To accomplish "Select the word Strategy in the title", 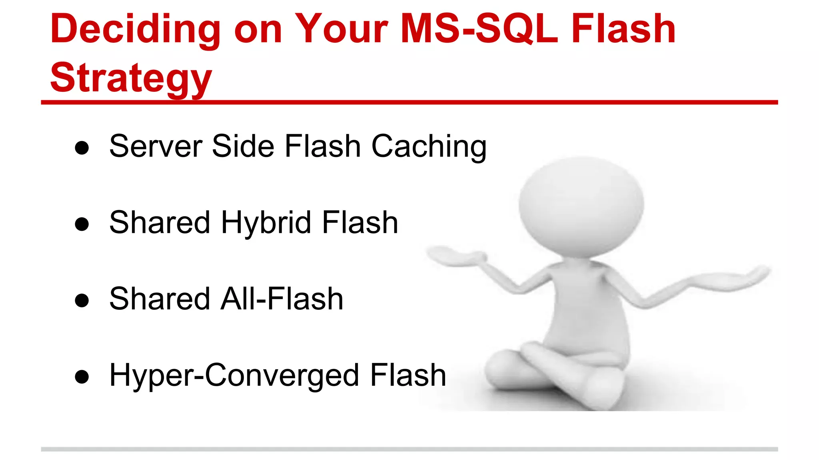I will [x=131, y=78].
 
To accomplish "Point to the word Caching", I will [x=429, y=147].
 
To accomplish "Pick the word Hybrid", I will [x=266, y=223].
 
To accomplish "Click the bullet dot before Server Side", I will [x=82, y=148].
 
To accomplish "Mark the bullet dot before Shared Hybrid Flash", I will [x=82, y=224].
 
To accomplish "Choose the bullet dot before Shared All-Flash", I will [x=82, y=301].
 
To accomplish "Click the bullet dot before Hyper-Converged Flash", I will [x=82, y=377].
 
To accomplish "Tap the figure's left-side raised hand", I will [x=456, y=256].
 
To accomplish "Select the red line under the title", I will [x=409, y=103].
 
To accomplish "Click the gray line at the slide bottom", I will [x=409, y=449].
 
